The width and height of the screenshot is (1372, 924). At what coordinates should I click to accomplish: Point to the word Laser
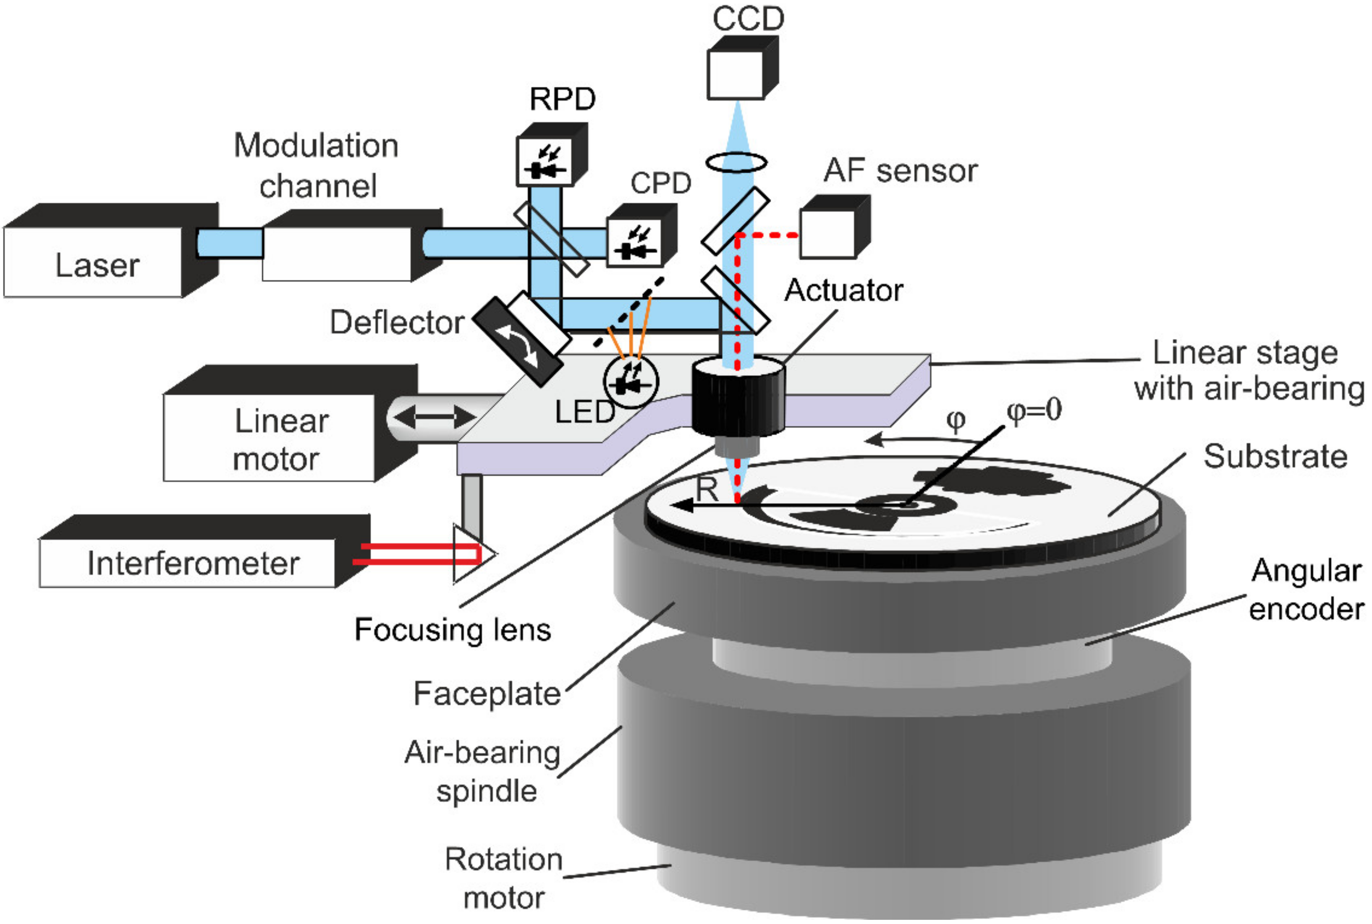[x=97, y=265]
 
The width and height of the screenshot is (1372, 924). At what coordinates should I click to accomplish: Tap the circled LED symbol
[x=631, y=382]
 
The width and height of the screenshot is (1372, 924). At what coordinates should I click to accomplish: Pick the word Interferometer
[x=194, y=564]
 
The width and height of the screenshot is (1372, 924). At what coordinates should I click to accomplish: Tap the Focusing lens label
[x=452, y=629]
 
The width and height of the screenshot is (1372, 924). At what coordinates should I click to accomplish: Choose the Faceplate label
[x=487, y=694]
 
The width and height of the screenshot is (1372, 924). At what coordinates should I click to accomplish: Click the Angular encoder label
[x=1306, y=589]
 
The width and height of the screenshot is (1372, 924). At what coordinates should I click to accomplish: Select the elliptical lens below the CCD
[x=736, y=162]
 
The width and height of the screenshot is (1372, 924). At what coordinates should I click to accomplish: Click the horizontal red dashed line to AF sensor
[x=767, y=235]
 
